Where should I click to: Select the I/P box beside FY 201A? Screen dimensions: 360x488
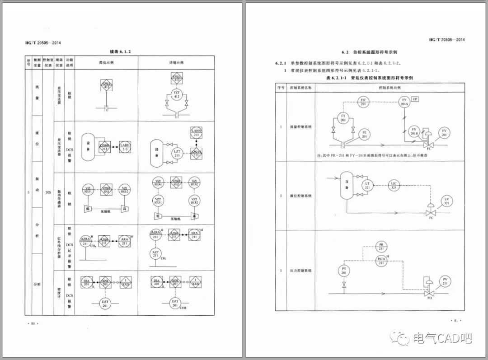click(415, 99)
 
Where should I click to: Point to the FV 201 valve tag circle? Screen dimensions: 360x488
click(444, 133)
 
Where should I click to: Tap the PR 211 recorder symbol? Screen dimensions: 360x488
click(381, 246)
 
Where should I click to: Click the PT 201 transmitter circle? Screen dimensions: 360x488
click(344, 271)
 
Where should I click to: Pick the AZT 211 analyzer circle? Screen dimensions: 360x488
click(155, 254)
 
